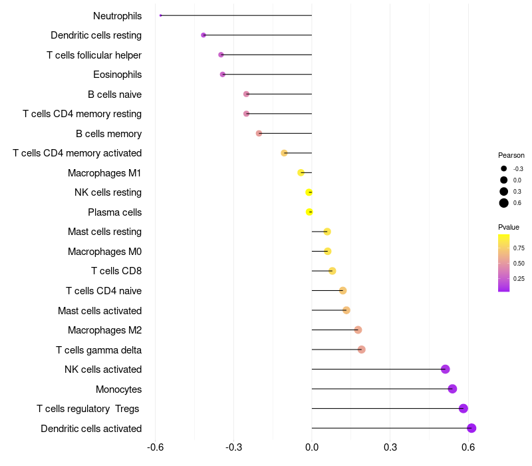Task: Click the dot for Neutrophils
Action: [x=161, y=15]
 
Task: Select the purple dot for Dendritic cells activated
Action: [x=471, y=428]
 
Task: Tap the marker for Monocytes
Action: [x=452, y=389]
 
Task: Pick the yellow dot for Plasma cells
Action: [x=309, y=212]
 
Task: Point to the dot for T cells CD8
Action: [x=332, y=271]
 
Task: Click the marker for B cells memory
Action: [x=259, y=133]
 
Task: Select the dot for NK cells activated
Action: [x=446, y=369]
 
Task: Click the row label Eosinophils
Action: [x=117, y=75]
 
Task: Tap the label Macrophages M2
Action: [x=104, y=330]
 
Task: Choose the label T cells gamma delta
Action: [x=98, y=349]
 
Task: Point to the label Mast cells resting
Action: [x=104, y=232]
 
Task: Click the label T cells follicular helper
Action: [x=94, y=55]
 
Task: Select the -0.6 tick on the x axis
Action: [x=155, y=447]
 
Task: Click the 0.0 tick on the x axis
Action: [x=312, y=447]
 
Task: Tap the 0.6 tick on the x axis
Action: [x=468, y=447]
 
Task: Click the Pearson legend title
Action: [x=511, y=155]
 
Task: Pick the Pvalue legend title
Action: [x=509, y=227]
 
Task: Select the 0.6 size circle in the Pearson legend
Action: [x=504, y=203]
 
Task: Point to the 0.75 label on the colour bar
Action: [x=519, y=248]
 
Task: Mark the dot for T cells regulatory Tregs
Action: [x=464, y=409]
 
